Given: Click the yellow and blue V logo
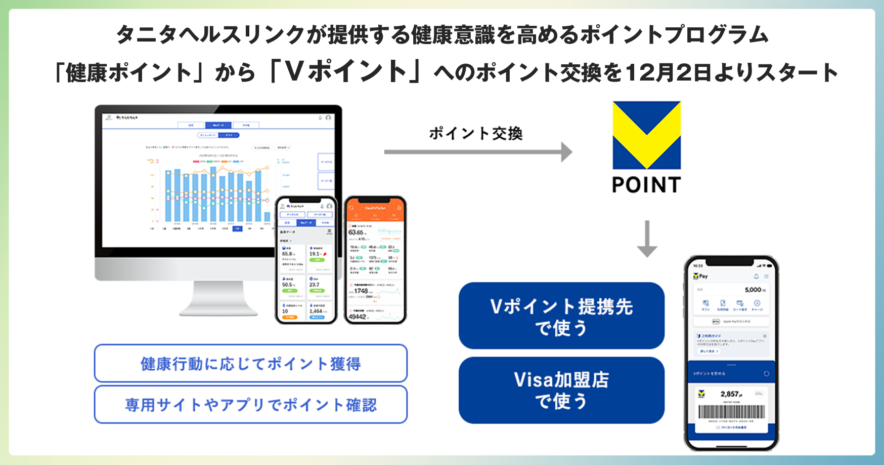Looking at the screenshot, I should tap(646, 135).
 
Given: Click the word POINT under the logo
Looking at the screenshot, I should tap(646, 185).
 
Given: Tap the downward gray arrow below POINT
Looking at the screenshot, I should tap(647, 239).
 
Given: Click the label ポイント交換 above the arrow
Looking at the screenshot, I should tap(475, 133).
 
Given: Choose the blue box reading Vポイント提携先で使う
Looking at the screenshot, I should tap(561, 316).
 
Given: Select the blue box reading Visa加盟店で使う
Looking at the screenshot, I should tap(561, 390).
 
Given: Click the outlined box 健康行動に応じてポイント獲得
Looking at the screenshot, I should tap(250, 363).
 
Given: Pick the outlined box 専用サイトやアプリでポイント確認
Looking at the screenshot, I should tap(250, 404).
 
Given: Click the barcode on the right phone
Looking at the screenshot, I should tap(731, 411).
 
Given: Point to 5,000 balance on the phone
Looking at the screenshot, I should tap(754, 290).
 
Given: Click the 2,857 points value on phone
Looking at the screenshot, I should tap(730, 394).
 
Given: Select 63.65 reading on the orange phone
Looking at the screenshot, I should tap(356, 232).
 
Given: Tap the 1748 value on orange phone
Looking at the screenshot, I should tap(361, 291).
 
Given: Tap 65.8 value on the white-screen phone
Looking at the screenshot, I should tap(288, 254).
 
